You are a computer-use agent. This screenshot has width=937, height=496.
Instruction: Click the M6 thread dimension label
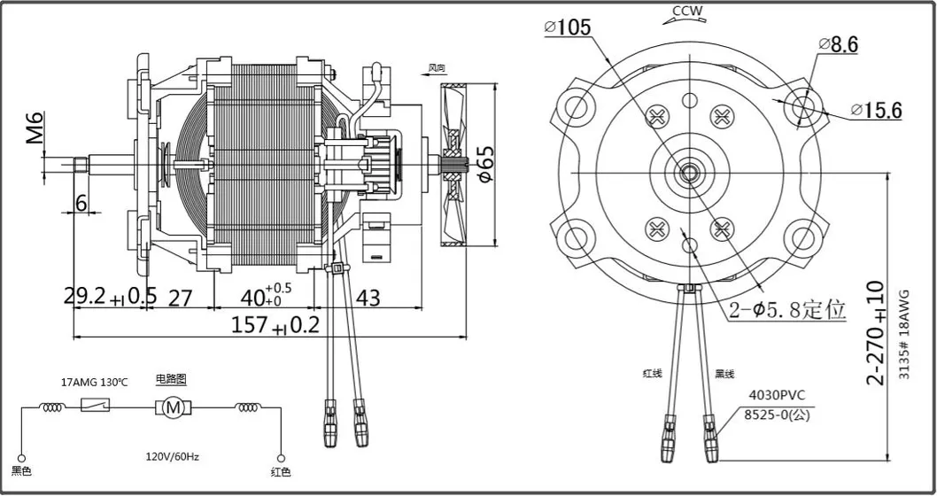pos(35,128)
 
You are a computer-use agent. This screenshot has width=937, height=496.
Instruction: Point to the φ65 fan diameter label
pos(485,164)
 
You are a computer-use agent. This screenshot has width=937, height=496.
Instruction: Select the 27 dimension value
pos(180,298)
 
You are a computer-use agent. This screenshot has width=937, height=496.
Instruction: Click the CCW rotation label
pos(688,12)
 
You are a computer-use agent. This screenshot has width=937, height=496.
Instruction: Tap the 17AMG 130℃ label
pos(94,383)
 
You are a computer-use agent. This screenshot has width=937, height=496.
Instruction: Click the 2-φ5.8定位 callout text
pos(787,311)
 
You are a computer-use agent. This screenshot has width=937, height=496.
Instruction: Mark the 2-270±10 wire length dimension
pos(876,332)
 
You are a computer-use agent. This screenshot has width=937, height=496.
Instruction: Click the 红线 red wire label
pos(653,374)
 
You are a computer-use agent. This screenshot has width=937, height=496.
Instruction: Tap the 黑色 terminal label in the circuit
pos(20,471)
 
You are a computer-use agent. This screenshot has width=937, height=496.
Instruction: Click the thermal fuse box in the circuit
pos(96,407)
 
